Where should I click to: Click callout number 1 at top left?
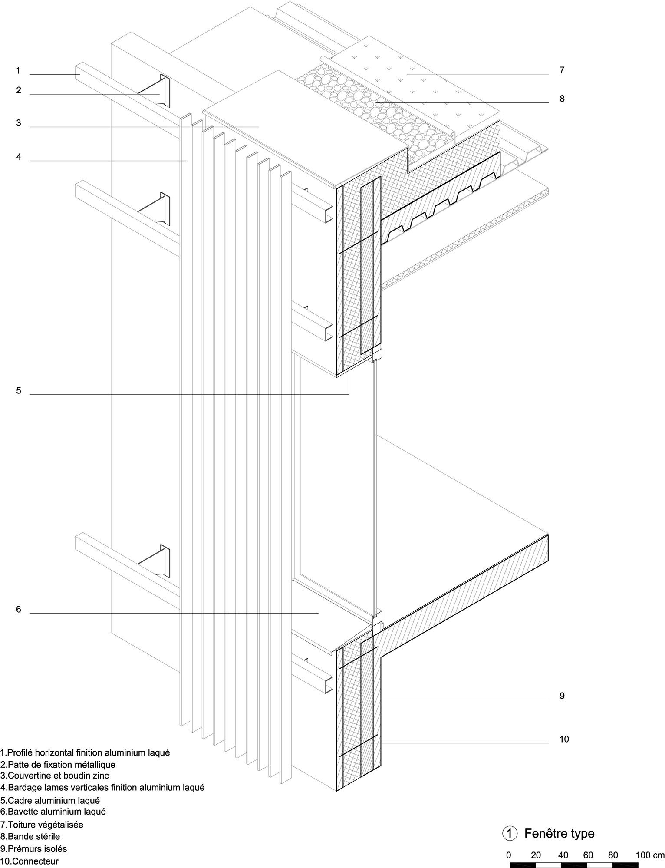click(x=18, y=70)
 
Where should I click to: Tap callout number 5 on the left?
click(x=19, y=391)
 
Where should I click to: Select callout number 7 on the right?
click(x=562, y=70)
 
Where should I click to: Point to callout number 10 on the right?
click(x=563, y=739)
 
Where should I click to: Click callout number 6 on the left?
click(x=19, y=610)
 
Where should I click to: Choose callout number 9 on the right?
click(x=562, y=696)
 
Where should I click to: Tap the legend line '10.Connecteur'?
click(x=29, y=861)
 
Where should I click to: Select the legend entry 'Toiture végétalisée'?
click(x=45, y=824)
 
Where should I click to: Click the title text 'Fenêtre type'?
click(x=559, y=834)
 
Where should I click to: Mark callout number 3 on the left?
click(x=19, y=123)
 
